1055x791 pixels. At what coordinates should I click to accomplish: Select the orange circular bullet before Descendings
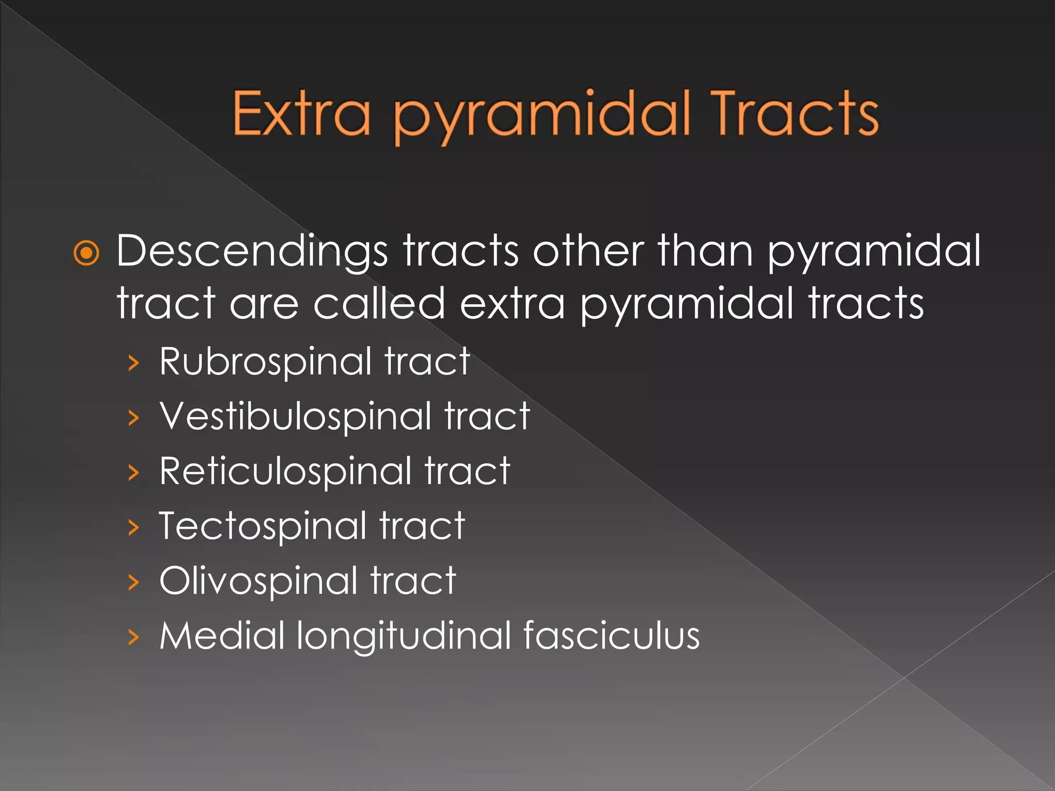(x=86, y=253)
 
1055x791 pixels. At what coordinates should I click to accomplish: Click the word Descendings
(x=252, y=251)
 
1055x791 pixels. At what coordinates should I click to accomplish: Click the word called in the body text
(x=379, y=303)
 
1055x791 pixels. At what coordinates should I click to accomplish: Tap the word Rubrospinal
(x=265, y=362)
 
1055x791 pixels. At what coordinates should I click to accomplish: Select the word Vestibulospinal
(x=295, y=416)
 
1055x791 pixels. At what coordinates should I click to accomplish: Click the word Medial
(x=222, y=635)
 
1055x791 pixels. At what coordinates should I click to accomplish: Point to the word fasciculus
(x=611, y=635)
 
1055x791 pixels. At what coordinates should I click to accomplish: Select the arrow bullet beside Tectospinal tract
(x=133, y=527)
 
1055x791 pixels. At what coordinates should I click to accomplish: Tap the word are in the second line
(x=264, y=304)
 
